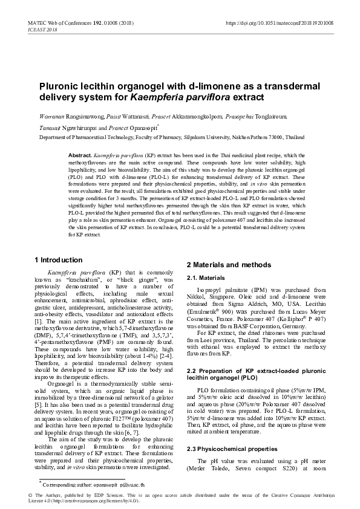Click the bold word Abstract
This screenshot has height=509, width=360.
(80, 155)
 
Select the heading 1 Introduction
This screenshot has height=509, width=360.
(58, 260)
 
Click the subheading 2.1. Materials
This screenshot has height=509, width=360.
(205, 277)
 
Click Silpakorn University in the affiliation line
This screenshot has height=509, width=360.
(204, 137)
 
